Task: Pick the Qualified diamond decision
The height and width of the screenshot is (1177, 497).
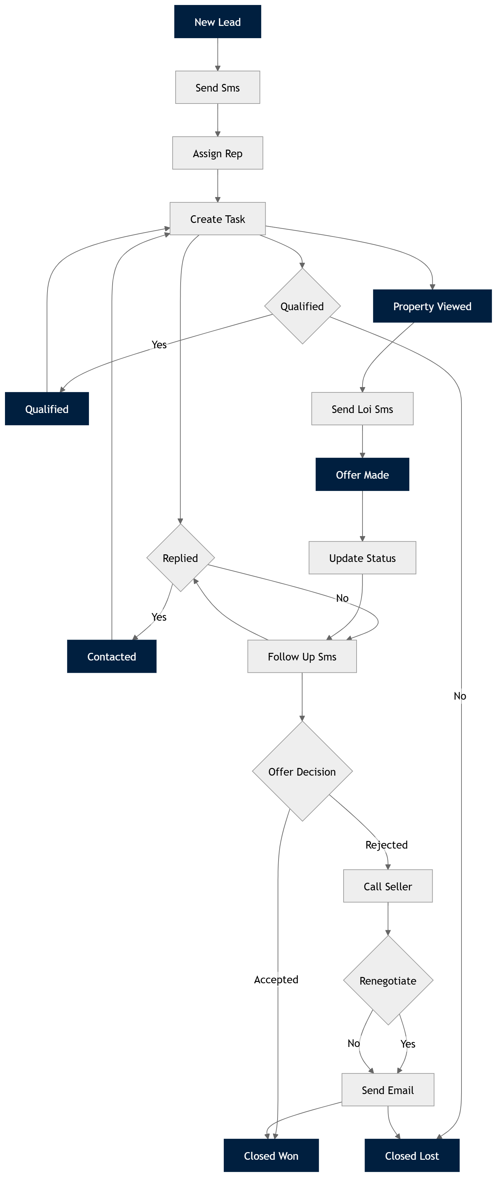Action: [302, 306]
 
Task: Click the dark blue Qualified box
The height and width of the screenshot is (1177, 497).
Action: [46, 409]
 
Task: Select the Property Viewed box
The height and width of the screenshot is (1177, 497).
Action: [432, 306]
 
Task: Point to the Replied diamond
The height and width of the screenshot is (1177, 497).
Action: [180, 558]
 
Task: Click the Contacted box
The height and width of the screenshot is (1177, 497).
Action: [112, 657]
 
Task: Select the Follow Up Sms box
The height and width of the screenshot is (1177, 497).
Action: [302, 657]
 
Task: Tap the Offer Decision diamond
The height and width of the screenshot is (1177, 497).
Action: [302, 772]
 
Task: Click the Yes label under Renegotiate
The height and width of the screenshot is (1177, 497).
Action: [407, 1044]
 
